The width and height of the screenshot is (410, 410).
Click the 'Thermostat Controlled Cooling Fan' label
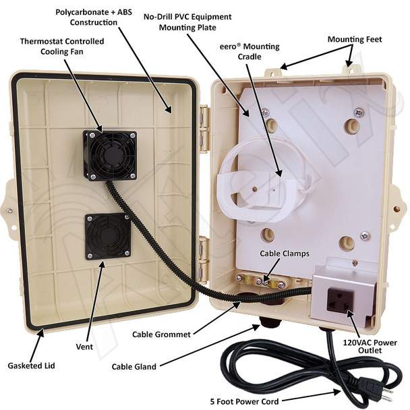(62, 47)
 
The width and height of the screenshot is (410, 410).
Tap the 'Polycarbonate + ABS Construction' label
(94, 18)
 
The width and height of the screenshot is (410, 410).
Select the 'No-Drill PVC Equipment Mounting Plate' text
(187, 22)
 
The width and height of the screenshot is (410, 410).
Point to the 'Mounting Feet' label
(355, 40)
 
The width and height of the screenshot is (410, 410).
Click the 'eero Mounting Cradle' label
(250, 51)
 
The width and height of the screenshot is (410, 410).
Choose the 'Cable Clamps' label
(285, 254)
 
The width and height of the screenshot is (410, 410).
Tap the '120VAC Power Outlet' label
(370, 346)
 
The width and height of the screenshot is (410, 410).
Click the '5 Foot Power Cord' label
(244, 401)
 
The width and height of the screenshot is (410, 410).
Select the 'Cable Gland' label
(134, 367)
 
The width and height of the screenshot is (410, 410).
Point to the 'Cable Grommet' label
(161, 334)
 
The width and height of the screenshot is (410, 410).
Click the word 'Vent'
(84, 347)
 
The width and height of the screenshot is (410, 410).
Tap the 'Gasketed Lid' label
(32, 365)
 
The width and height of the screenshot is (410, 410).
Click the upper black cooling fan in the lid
(110, 156)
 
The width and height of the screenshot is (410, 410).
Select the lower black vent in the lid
(108, 237)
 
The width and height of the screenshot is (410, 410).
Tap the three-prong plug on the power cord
(376, 389)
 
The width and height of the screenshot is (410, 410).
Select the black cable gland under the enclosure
(268, 322)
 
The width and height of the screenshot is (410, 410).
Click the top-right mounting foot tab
(349, 69)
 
